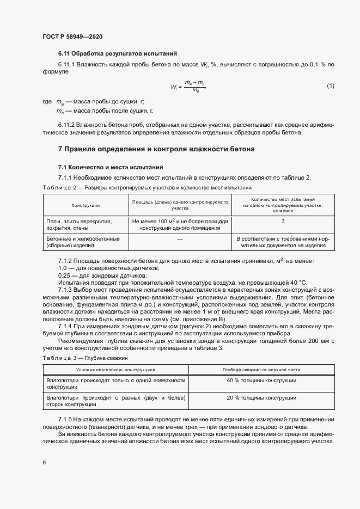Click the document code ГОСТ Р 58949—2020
click(x=72, y=36)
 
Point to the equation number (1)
click(x=330, y=86)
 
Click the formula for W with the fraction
click(x=188, y=86)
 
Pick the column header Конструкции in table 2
click(x=85, y=205)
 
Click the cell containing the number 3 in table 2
click(x=283, y=222)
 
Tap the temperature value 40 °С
click(x=298, y=283)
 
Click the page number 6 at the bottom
click(x=44, y=463)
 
